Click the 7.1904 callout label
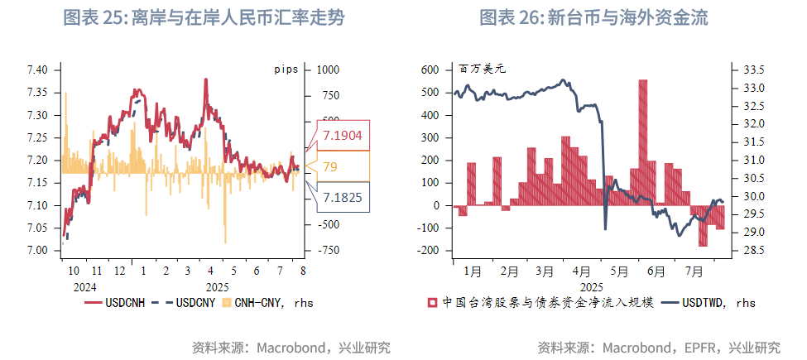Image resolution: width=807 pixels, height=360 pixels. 342,136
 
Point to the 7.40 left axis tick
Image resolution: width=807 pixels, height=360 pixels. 38,70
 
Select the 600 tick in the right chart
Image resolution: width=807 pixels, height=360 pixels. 431,70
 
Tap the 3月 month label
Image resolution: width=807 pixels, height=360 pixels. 544,270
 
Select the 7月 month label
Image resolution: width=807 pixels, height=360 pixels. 694,270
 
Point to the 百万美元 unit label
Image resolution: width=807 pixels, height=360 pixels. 483,70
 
